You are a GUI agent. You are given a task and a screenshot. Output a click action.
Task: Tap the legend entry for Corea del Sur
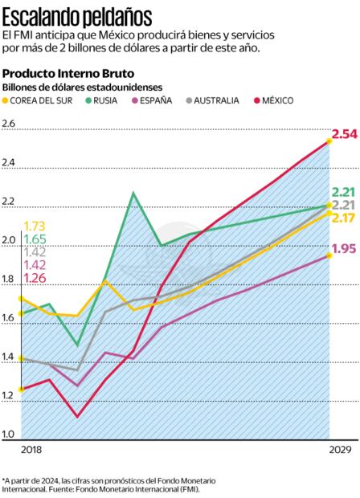[44, 100]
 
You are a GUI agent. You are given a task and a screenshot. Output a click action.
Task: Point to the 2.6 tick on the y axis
[10, 124]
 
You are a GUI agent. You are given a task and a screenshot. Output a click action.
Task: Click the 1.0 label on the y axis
[10, 435]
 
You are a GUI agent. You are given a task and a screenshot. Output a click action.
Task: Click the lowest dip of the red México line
[77, 416]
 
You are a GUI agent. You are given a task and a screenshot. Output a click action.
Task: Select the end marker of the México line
[329, 142]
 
